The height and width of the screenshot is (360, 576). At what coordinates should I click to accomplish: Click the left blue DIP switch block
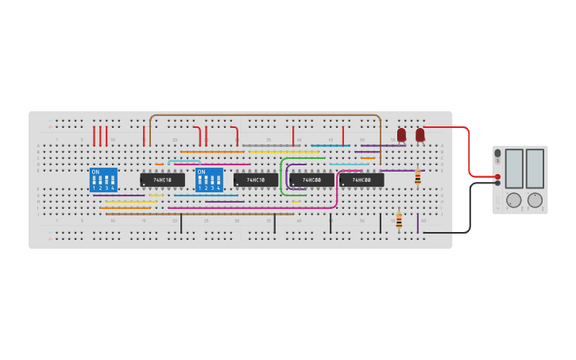[103, 180]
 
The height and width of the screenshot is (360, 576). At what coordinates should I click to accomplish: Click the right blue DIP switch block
[209, 180]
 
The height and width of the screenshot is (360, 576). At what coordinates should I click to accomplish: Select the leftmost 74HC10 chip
[162, 180]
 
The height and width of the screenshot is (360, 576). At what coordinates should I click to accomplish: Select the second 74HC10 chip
[255, 180]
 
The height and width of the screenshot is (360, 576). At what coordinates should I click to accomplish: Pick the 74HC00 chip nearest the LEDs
[361, 180]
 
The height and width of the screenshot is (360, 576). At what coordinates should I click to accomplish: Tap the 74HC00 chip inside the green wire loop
[311, 180]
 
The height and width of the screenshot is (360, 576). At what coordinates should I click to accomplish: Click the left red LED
[401, 135]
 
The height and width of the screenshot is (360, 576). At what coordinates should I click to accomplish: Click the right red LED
[419, 135]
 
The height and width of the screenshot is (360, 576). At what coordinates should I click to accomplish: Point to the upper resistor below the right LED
[418, 177]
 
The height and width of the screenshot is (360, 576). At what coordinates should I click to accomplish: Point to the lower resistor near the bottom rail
[399, 220]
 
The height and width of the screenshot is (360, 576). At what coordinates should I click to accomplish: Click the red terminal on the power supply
[497, 176]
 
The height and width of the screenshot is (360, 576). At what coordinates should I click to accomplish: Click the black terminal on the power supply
[497, 183]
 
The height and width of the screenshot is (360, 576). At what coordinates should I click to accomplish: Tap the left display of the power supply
[514, 168]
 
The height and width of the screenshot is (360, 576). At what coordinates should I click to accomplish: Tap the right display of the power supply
[535, 168]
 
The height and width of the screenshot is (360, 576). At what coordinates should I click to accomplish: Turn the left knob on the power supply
[514, 200]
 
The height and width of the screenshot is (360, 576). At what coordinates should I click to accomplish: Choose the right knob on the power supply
[535, 200]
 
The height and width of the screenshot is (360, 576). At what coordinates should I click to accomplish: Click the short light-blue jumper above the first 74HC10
[184, 161]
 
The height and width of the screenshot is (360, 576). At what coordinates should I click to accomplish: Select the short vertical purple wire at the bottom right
[418, 223]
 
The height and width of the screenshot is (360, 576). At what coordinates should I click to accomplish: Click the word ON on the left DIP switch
[95, 172]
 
